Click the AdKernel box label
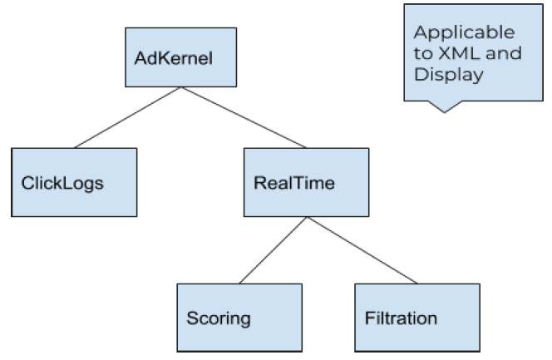click(174, 58)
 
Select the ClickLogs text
click(62, 184)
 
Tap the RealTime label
click(294, 183)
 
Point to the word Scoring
click(219, 318)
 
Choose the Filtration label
click(401, 318)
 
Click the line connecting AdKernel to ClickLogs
click(127, 117)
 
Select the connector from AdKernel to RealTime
click(244, 117)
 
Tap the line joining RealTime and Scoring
click(274, 250)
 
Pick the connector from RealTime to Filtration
click(362, 250)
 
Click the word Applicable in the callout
click(465, 33)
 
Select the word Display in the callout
click(449, 76)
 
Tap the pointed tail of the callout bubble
click(444, 112)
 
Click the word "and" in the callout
click(504, 53)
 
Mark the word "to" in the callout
click(423, 53)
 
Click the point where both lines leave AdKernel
click(181, 87)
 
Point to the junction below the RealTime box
click(307, 217)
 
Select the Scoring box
click(239, 318)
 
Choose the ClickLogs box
click(74, 182)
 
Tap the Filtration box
click(417, 318)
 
